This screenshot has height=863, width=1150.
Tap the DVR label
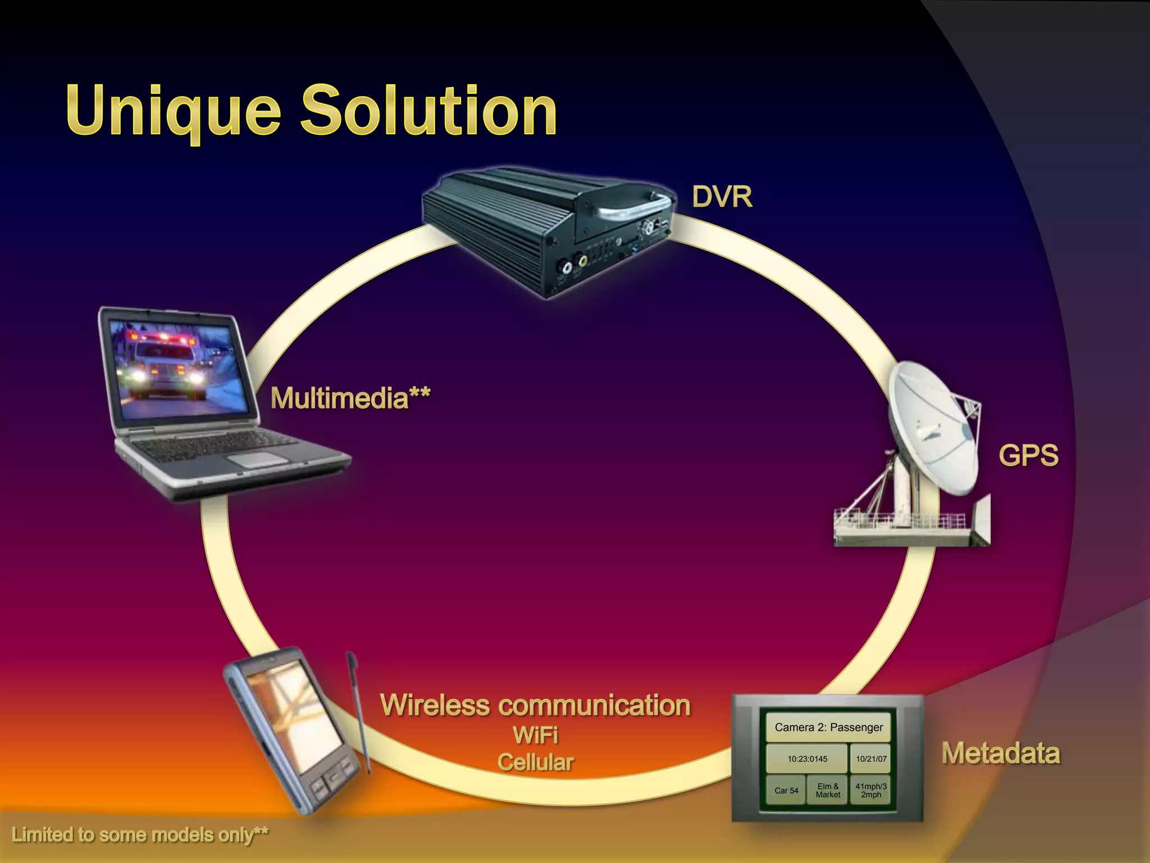722,197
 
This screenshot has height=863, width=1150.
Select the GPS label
1028,455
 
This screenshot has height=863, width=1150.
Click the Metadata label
1001,753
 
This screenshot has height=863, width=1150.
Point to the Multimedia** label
350,398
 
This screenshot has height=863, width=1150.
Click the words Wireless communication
535,705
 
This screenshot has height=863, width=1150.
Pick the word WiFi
535,735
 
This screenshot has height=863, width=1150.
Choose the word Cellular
535,762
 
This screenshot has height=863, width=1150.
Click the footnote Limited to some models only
139,835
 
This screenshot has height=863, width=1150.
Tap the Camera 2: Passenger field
828,727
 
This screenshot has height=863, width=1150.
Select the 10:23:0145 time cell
807,758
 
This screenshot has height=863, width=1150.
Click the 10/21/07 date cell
871,758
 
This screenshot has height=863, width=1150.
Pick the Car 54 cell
786,791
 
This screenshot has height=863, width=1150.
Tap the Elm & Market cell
828,791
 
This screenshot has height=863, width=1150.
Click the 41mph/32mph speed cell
871,791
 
